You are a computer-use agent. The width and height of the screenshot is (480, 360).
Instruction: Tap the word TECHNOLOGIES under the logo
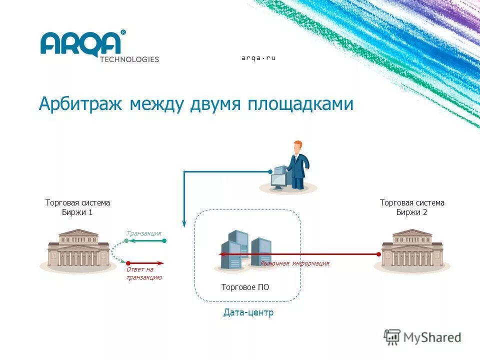pyautogui.click(x=129, y=59)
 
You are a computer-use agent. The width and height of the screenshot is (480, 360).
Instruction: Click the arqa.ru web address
pyautogui.click(x=258, y=58)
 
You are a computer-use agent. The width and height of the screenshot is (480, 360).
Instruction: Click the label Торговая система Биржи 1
pyautogui.click(x=77, y=207)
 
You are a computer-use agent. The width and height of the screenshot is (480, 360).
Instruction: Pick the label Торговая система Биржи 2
pyautogui.click(x=412, y=207)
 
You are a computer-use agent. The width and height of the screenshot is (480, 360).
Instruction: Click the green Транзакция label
pyautogui.click(x=144, y=233)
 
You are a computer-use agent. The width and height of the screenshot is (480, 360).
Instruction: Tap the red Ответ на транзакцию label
pyautogui.click(x=144, y=273)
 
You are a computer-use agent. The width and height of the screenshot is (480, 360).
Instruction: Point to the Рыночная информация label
pyautogui.click(x=295, y=263)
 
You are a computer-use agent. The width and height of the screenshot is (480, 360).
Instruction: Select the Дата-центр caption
pyautogui.click(x=248, y=313)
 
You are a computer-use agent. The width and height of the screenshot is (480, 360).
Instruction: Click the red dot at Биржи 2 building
pyautogui.click(x=378, y=254)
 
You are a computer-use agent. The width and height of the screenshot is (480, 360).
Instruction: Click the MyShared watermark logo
pyautogui.click(x=422, y=337)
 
